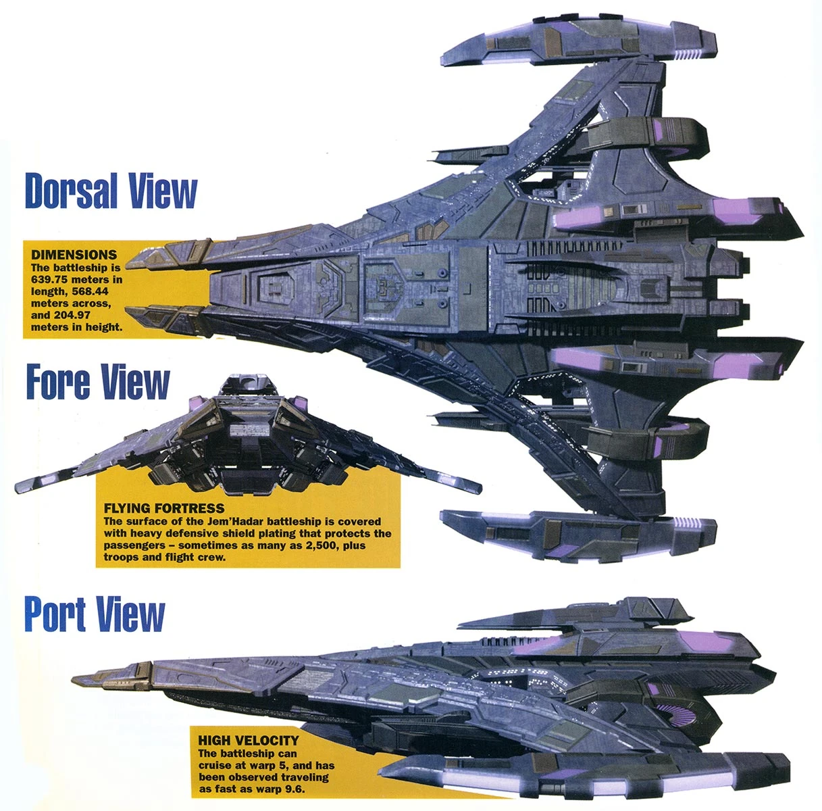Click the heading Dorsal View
point(111,191)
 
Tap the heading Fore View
point(98,382)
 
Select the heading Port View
point(95,614)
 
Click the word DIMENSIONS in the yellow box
point(74,255)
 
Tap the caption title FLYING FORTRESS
point(164,508)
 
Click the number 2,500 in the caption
point(314,545)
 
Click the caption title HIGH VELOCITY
point(249,741)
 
